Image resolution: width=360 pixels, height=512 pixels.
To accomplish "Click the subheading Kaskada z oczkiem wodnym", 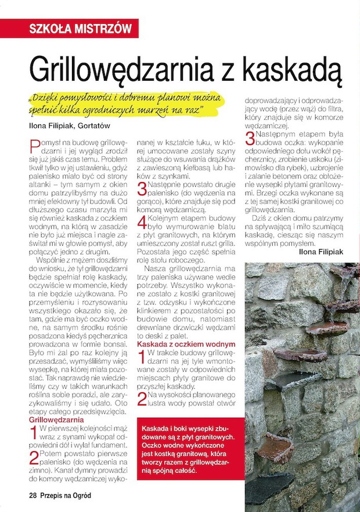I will tap(185, 345).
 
